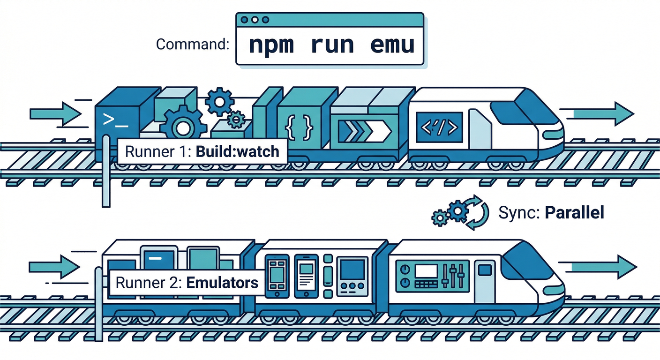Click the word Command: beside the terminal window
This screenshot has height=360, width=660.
[192, 45]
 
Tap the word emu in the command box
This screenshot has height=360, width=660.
[392, 45]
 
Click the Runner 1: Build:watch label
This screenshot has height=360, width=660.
[202, 151]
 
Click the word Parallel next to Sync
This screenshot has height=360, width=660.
[574, 213]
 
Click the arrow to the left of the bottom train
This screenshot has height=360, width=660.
[54, 268]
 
